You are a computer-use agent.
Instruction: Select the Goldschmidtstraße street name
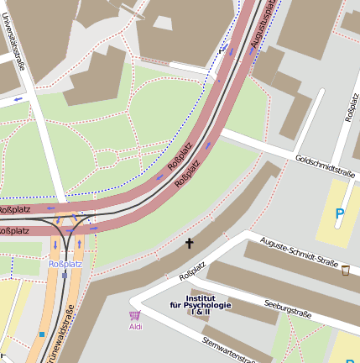tap(326, 166)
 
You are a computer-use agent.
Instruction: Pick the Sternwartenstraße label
tap(229, 350)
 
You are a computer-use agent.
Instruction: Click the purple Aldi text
tap(135, 327)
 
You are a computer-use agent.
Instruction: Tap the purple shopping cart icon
tap(135, 315)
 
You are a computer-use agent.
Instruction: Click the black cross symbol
tap(189, 244)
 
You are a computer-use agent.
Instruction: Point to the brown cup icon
tap(345, 270)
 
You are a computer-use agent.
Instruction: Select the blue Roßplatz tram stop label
tap(65, 264)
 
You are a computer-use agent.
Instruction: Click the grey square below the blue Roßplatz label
tap(65, 275)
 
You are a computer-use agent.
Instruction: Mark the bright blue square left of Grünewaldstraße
tap(41, 334)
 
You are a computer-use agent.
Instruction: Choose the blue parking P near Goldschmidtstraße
tap(339, 214)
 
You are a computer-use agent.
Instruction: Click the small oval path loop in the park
tap(107, 158)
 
